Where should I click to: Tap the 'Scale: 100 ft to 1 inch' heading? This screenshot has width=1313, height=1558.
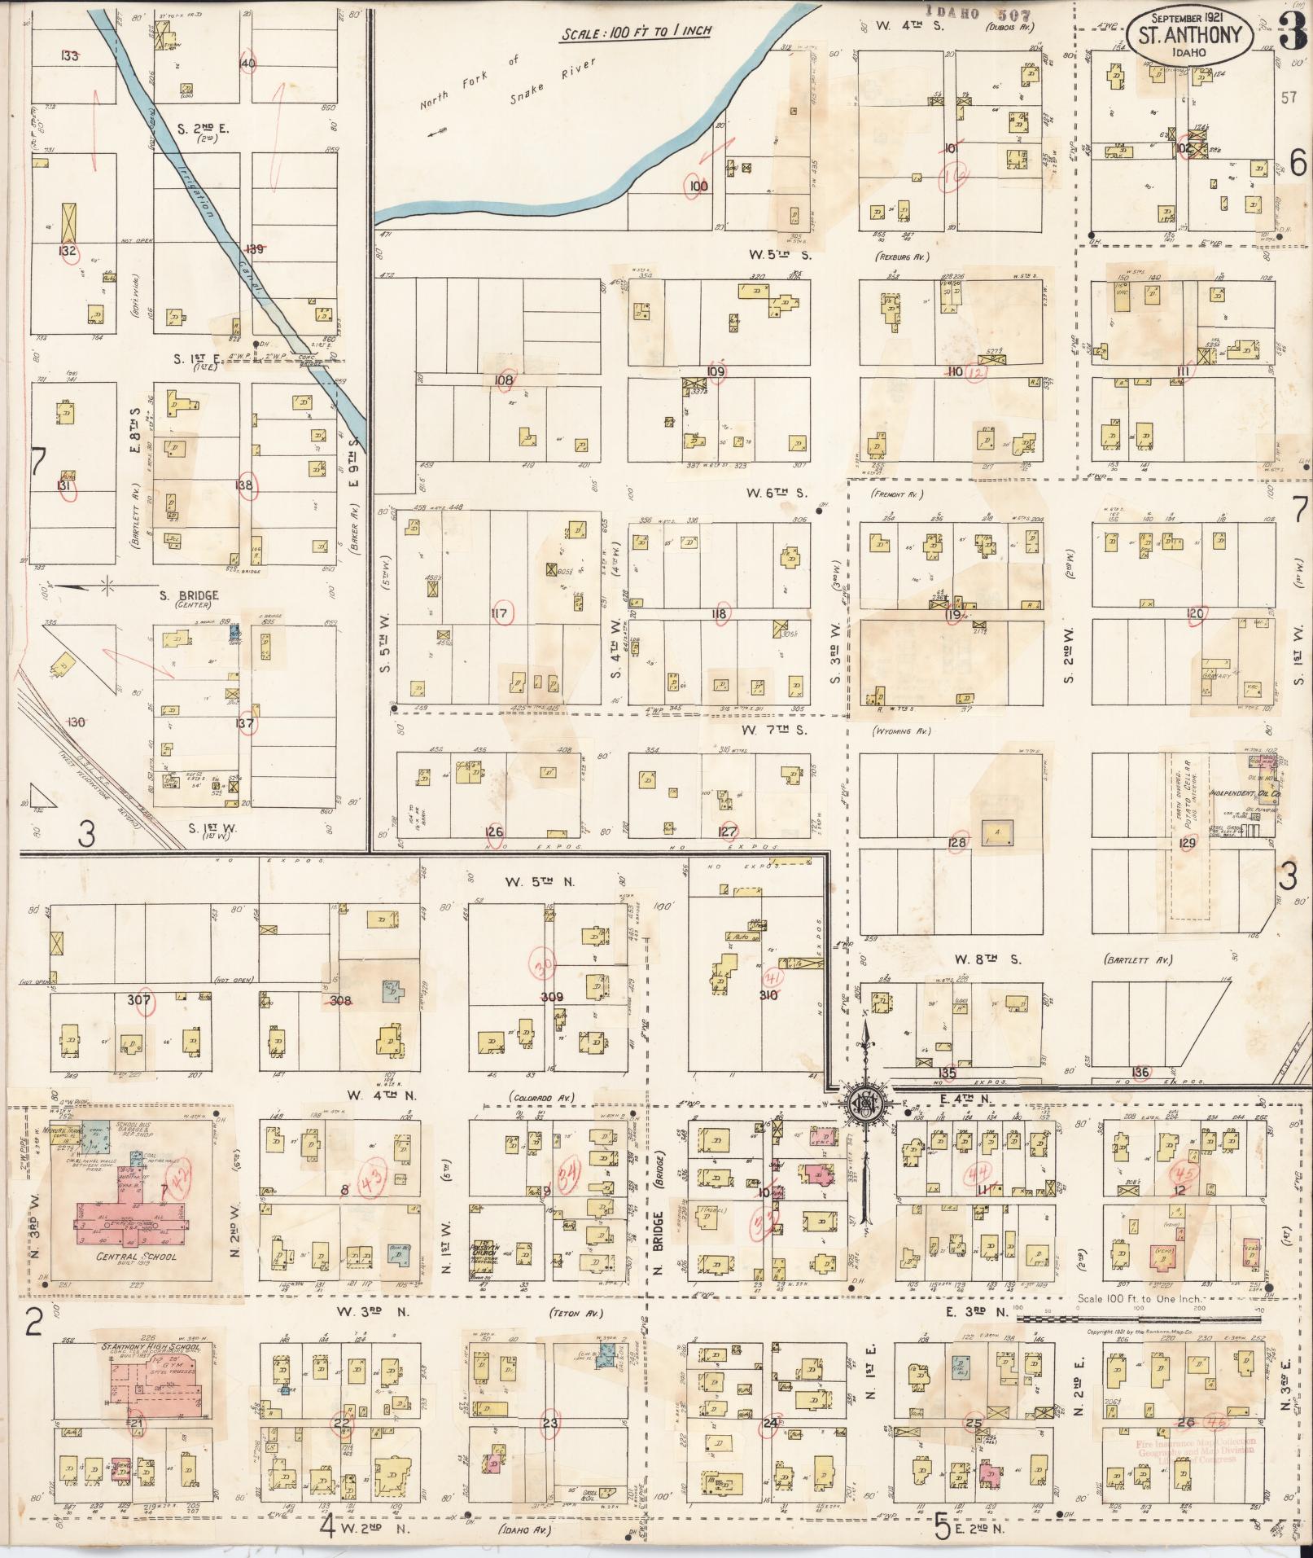point(636,33)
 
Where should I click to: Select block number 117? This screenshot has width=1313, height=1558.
point(500,614)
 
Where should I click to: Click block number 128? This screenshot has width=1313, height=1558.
point(957,842)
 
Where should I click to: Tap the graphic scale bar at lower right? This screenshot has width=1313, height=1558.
point(1140,1318)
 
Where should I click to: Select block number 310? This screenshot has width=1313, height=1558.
point(768,994)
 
